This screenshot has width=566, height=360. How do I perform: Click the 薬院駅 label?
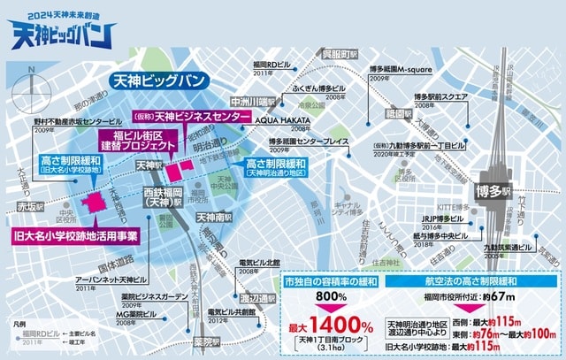point(207,342)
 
